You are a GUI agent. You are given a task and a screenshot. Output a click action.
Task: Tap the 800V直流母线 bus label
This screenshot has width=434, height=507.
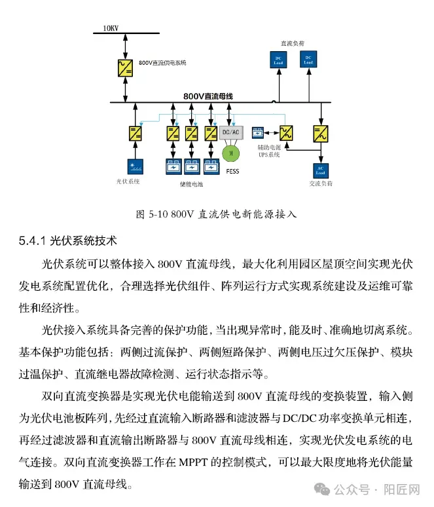(208, 96)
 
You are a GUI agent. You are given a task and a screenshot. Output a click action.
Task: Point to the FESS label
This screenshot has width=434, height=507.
(231, 172)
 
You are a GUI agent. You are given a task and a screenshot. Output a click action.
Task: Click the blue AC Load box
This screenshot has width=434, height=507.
(321, 170)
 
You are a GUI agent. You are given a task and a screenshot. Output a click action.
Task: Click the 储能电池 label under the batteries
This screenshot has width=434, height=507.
(192, 184)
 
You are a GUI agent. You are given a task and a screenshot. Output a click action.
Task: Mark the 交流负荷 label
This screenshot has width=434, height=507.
(321, 184)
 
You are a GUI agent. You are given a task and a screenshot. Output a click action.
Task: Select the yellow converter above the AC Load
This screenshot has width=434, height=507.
(321, 134)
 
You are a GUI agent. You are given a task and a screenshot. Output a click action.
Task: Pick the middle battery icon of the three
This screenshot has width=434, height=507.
(192, 166)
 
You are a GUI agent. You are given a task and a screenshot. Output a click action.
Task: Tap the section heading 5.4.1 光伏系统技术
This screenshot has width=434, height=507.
(68, 241)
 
